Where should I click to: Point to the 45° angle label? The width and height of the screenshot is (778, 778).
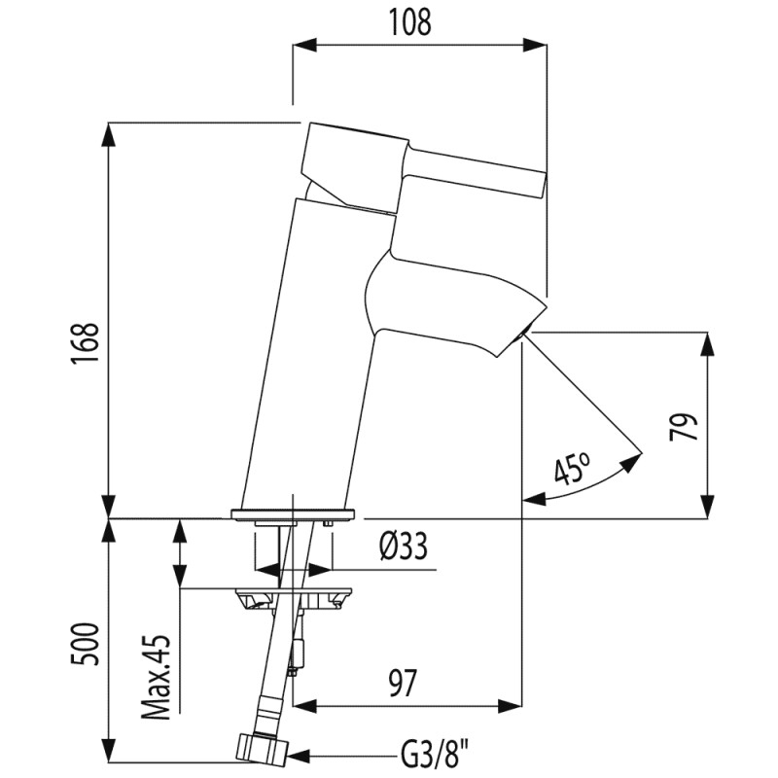coord(571,472)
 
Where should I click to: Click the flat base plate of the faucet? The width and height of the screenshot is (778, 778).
coord(293,513)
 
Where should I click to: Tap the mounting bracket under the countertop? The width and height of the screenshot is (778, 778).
coord(293,595)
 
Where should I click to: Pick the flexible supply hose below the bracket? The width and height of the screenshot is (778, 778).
coord(278,671)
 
